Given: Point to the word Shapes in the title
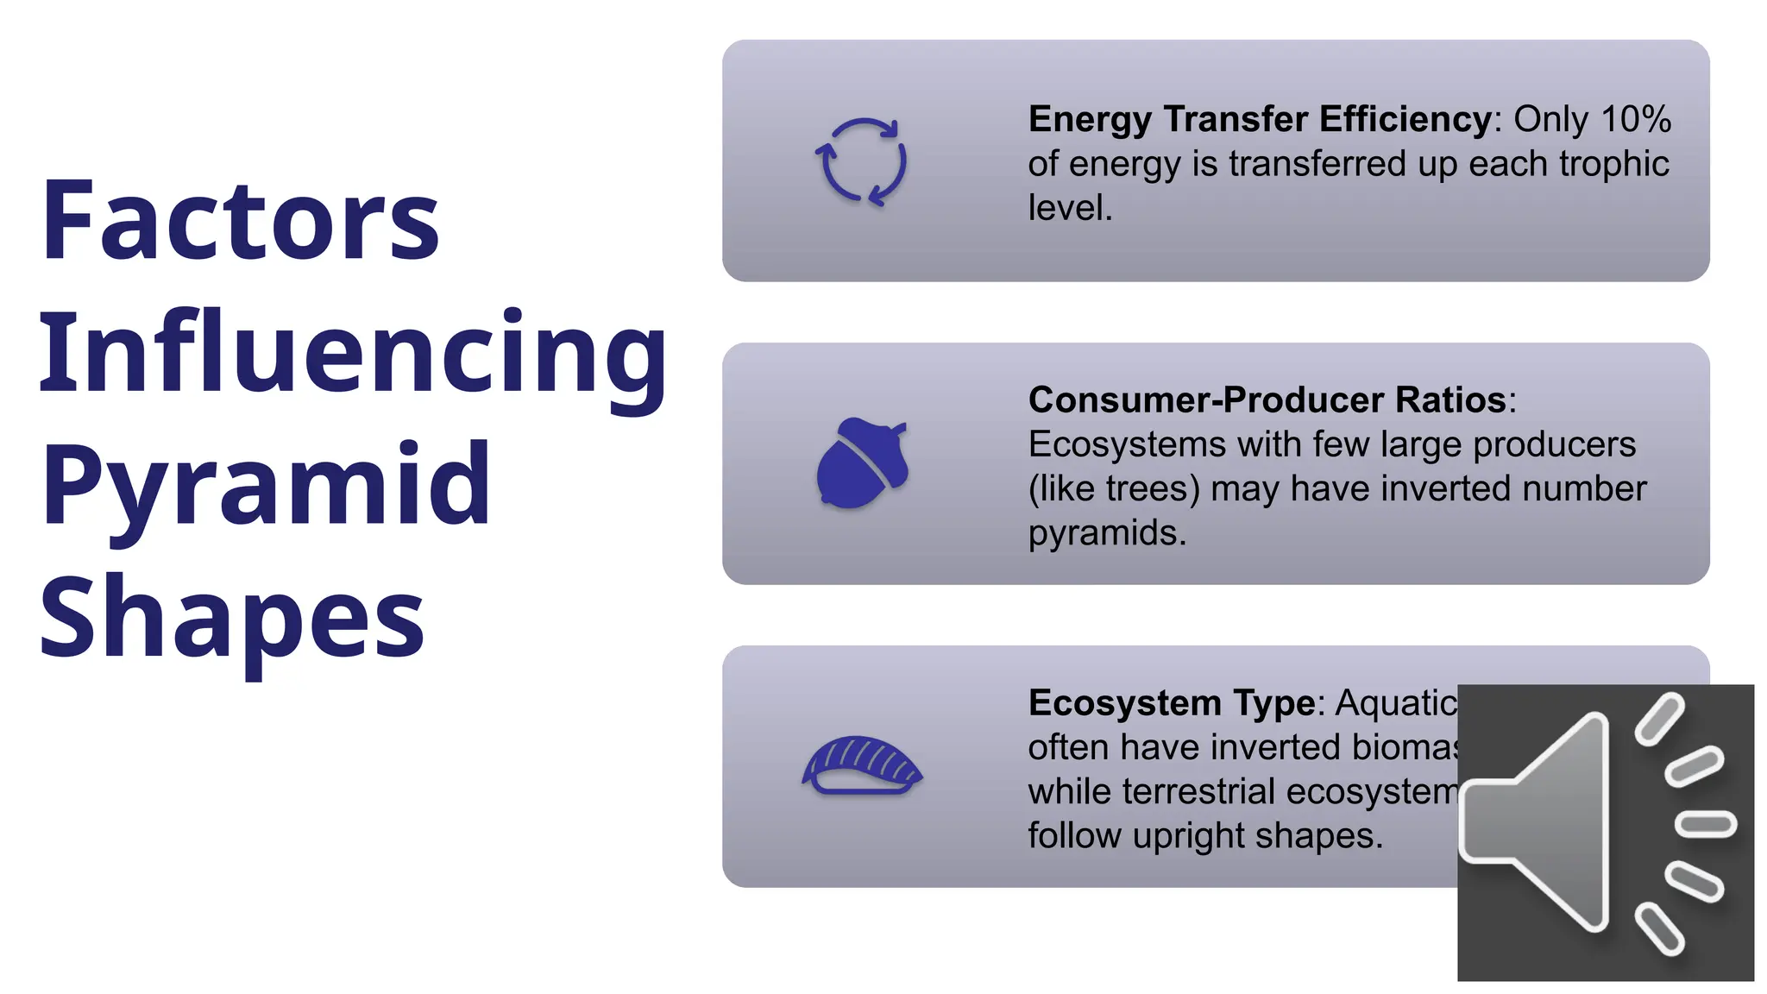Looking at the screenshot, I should pos(231,617).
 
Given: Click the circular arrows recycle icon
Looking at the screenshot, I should pos(861,161).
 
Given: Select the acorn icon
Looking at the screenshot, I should pos(862,463).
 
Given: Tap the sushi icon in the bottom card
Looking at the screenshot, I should pos(862,765).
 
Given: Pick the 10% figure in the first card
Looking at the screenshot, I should pos(1636,119).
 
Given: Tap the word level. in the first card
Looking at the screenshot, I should pos(1070,208).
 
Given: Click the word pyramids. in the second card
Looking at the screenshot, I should pos(1107,533).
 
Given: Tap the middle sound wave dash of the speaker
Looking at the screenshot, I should pos(1705,823).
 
